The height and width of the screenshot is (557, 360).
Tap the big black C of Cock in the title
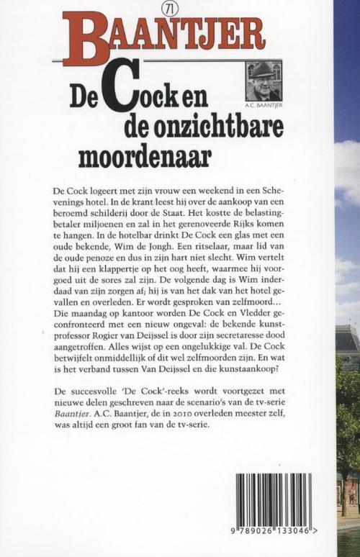tap(117, 90)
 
